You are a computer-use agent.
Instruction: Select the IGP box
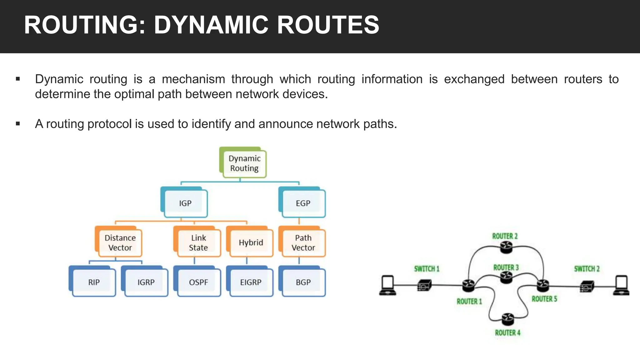[185, 203]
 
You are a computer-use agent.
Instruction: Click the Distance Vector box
[120, 243]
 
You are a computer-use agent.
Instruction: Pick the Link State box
[198, 243]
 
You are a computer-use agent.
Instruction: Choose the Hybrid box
[251, 243]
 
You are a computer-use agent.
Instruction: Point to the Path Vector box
[303, 243]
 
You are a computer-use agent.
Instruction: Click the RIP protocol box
[94, 282]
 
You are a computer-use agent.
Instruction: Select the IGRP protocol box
[146, 282]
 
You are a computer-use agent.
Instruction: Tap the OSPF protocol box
[198, 282]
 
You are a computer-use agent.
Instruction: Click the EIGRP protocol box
[251, 282]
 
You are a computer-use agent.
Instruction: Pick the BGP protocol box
[303, 282]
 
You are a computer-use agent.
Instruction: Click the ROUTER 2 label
[505, 236]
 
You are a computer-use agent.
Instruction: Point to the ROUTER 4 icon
[507, 319]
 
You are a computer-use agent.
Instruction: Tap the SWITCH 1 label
[427, 269]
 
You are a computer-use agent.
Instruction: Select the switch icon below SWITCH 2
[586, 286]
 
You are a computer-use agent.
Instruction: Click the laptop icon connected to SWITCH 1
[388, 285]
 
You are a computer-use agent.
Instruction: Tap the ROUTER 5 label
[544, 299]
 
